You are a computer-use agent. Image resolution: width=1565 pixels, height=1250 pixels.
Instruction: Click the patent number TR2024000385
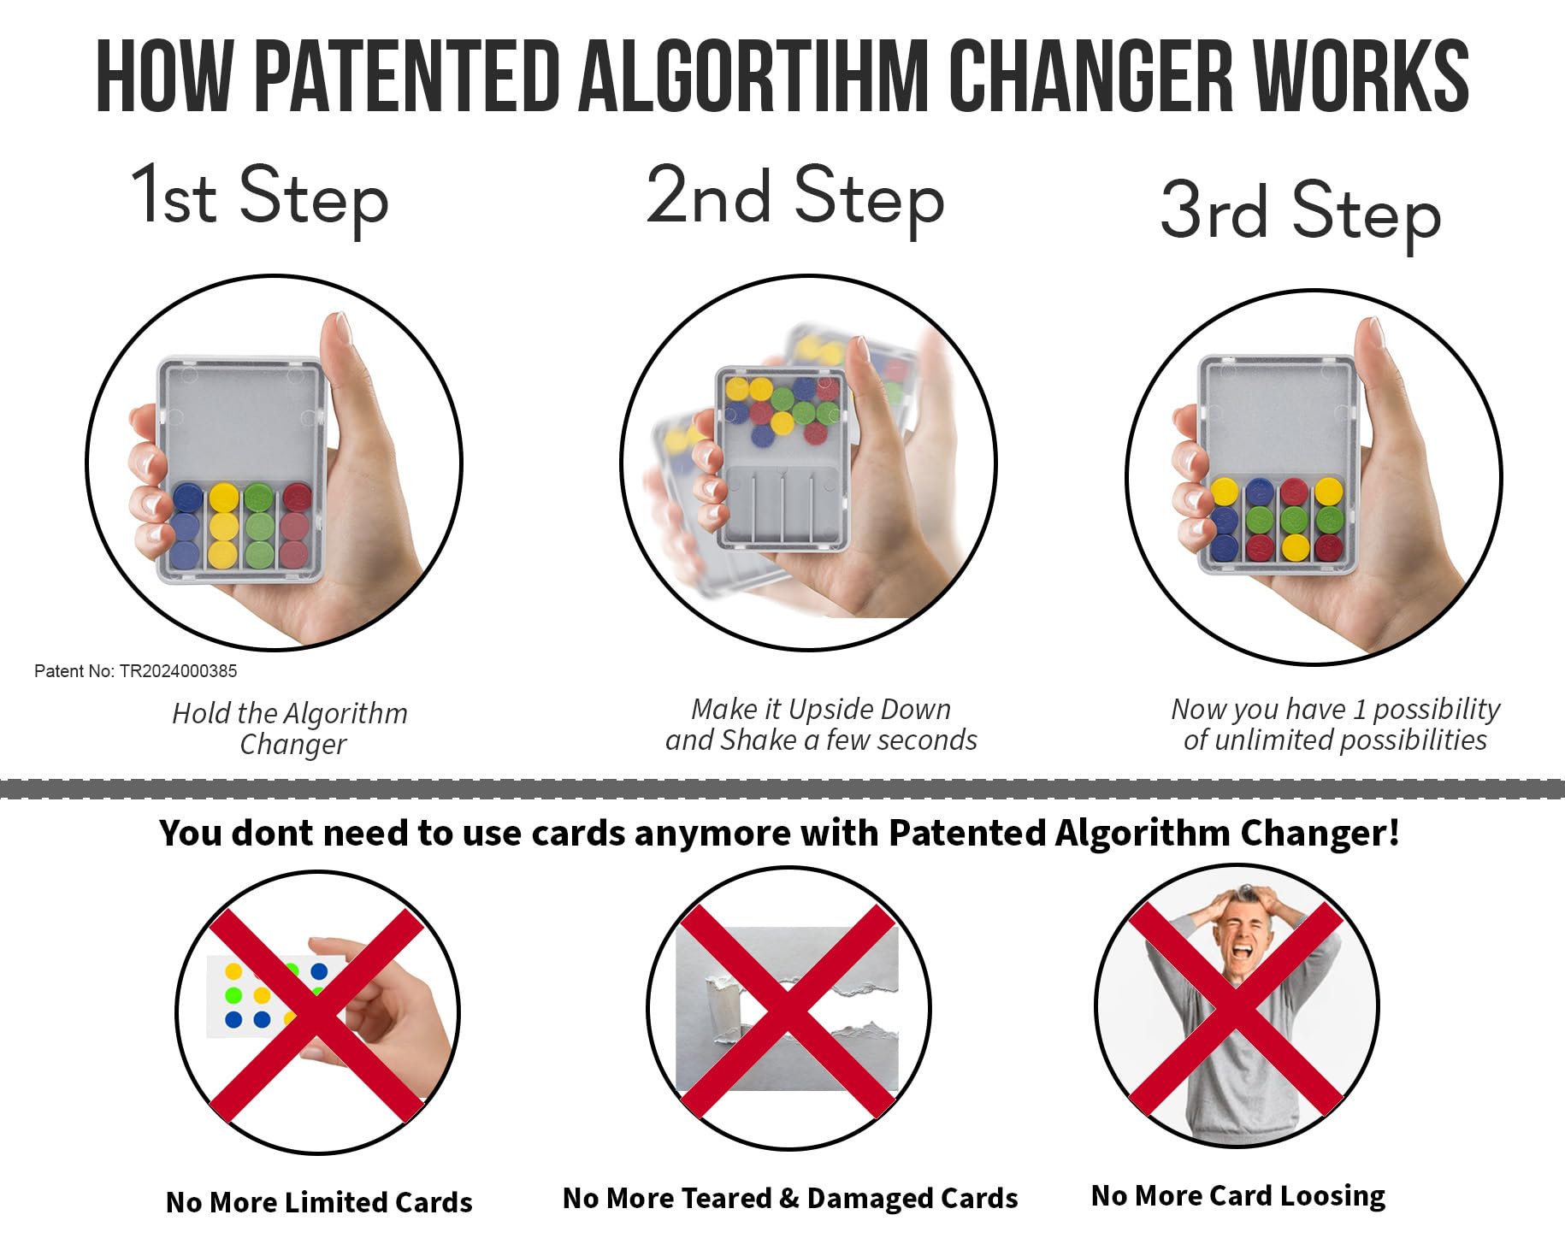tap(178, 671)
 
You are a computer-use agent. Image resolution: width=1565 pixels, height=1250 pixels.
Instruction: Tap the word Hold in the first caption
tap(200, 713)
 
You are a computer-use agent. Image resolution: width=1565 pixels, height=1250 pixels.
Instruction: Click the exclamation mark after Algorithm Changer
tap(1393, 832)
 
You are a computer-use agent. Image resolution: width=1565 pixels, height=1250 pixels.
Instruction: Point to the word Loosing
tap(1334, 1195)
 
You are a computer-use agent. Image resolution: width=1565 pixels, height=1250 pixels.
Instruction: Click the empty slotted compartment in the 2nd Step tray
tap(782, 504)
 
